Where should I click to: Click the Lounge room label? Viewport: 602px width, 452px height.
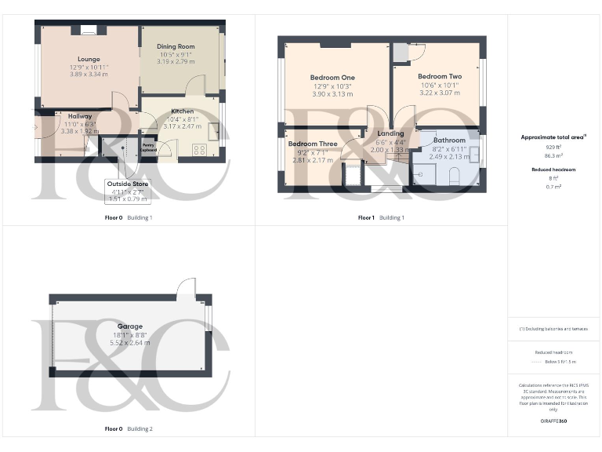click(x=89, y=59)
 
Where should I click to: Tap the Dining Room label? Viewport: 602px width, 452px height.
click(x=176, y=46)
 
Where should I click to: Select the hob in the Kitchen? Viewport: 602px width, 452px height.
click(x=199, y=148)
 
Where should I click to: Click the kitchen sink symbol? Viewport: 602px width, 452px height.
click(x=212, y=130)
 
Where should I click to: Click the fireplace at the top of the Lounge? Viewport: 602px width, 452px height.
click(x=88, y=31)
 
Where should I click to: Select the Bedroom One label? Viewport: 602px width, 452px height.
click(x=332, y=78)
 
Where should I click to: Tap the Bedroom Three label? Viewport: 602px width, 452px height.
click(x=313, y=144)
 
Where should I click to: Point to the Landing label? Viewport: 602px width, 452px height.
click(x=390, y=133)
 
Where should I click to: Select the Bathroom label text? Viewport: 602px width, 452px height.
click(x=449, y=140)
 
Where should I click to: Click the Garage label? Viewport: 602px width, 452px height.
click(x=130, y=326)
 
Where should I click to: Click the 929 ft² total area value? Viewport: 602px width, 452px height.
click(x=554, y=147)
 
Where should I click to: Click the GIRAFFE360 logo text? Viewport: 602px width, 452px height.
click(x=553, y=421)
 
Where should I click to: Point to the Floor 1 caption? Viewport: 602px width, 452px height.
click(x=366, y=217)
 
